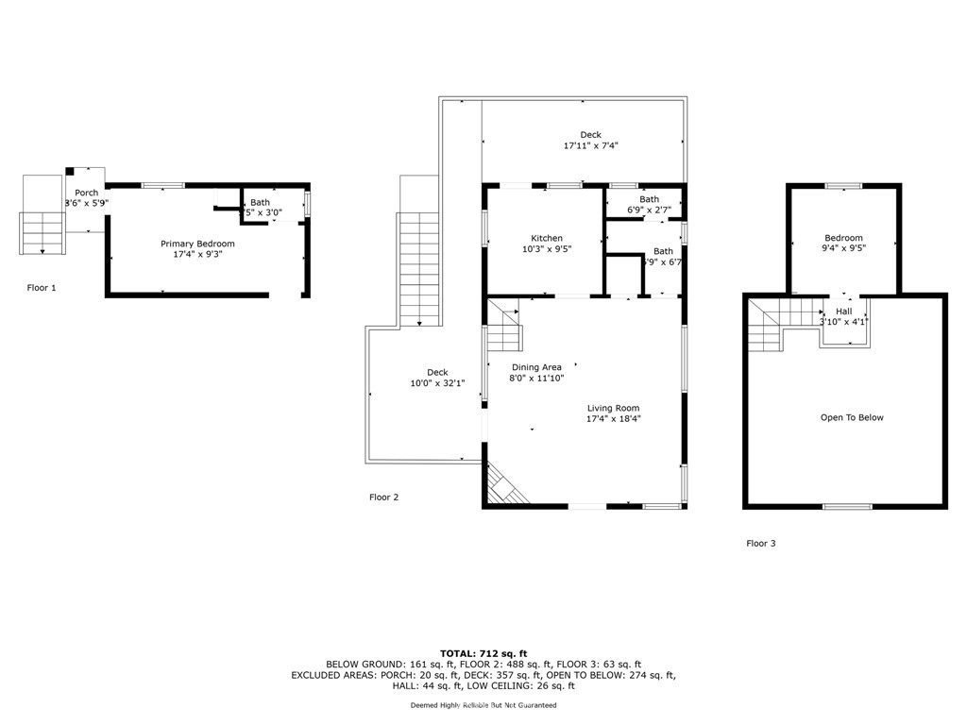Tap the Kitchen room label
pos(547,238)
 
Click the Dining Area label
pos(536,367)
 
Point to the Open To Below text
pos(852,417)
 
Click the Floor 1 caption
pos(42,287)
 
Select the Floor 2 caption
pos(384,497)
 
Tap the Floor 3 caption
pos(761,543)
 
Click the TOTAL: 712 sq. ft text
pos(483,653)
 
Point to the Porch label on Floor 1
pos(87,193)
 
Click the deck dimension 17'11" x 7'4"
pos(590,145)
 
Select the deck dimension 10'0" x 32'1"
pos(437,383)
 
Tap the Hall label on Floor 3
pos(843,311)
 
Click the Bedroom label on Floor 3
pos(843,238)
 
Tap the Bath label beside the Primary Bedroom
pos(260,202)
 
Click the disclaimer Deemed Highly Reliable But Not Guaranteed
pos(483,705)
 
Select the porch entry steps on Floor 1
pos(42,233)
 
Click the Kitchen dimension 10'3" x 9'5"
pos(547,249)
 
